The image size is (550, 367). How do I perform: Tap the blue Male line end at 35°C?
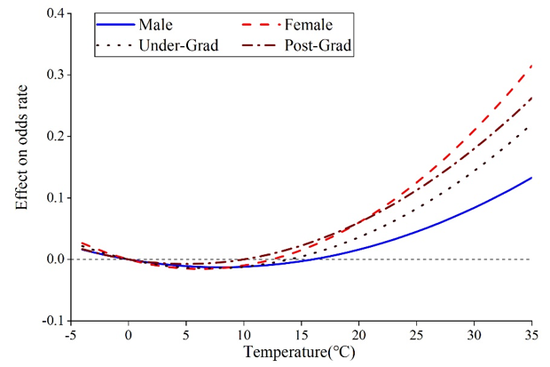tap(531, 178)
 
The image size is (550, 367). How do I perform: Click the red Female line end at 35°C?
tap(531, 66)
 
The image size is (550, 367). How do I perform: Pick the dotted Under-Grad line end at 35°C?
tap(531, 126)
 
